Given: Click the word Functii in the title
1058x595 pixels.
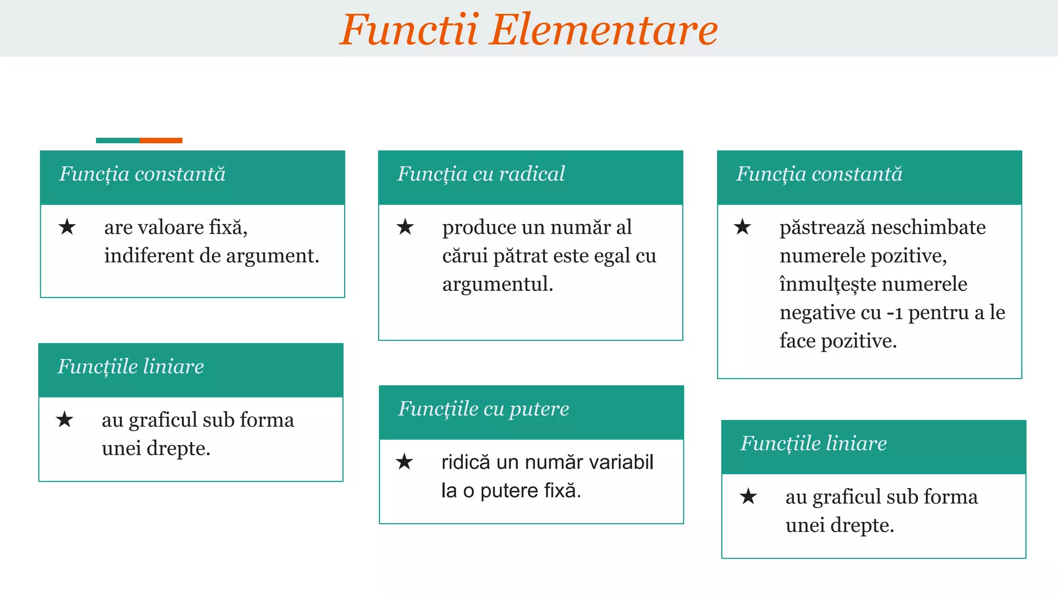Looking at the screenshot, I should [x=409, y=29].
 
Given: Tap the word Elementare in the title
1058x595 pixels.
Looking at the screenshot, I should [x=604, y=29].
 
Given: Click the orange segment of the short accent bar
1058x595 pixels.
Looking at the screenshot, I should [x=161, y=140].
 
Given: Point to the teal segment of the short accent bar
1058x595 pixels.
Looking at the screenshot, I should [x=118, y=140].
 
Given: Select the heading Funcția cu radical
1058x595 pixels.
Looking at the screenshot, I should [x=481, y=174].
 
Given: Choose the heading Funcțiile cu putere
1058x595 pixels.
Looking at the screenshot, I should [x=484, y=409].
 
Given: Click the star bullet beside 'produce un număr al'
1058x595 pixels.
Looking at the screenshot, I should [x=406, y=227].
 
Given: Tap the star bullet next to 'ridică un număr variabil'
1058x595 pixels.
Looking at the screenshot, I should [x=404, y=462].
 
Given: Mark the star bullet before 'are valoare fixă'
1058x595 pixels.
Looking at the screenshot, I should [x=67, y=227].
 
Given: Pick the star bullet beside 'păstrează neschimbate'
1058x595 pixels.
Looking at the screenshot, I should [x=742, y=227].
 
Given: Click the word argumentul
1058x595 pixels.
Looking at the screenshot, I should [x=497, y=284].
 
